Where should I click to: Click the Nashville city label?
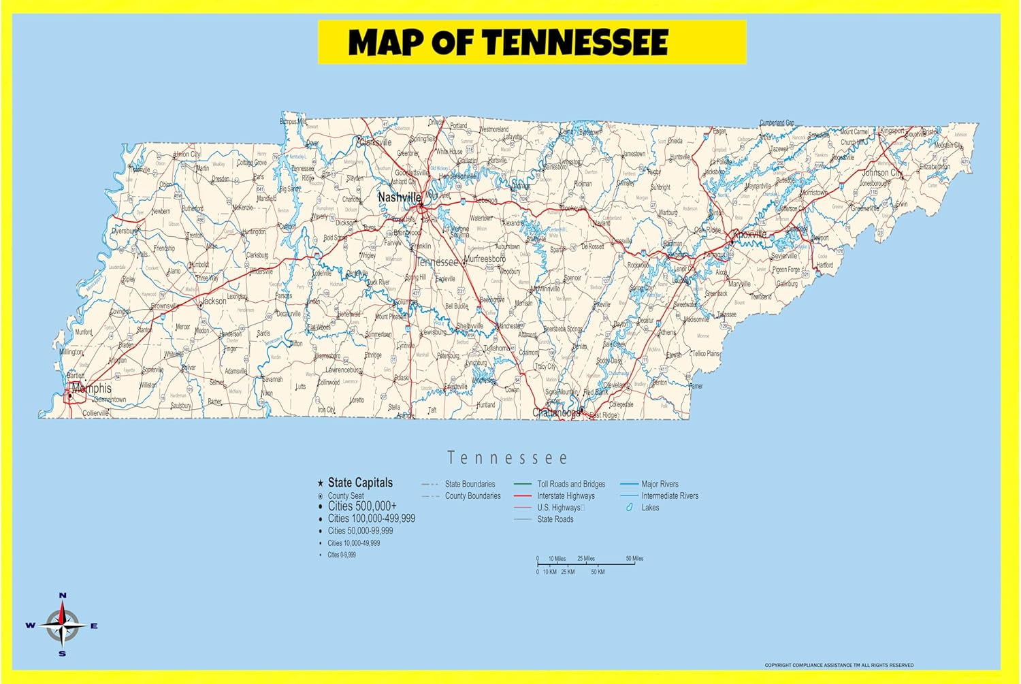pyautogui.click(x=399, y=197)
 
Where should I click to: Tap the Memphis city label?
pyautogui.click(x=91, y=389)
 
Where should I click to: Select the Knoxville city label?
pyautogui.click(x=750, y=234)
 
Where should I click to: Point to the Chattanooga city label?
pyautogui.click(x=556, y=412)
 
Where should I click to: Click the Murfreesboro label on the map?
pyautogui.click(x=485, y=259)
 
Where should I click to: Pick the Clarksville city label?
pyautogui.click(x=376, y=143)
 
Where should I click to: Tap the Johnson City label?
pyautogui.click(x=882, y=173)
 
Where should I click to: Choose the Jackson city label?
pyautogui.click(x=214, y=301)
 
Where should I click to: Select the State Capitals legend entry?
pyautogui.click(x=360, y=483)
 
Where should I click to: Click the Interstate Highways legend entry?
pyautogui.click(x=566, y=496)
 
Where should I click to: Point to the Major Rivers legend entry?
pyautogui.click(x=660, y=484)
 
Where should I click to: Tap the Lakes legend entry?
pyautogui.click(x=650, y=508)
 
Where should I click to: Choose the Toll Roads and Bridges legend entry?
pyautogui.click(x=571, y=484)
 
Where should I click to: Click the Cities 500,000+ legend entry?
pyautogui.click(x=362, y=506)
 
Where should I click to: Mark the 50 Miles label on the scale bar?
pyautogui.click(x=634, y=559)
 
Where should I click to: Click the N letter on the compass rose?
pyautogui.click(x=63, y=596)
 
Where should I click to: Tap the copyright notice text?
pyautogui.click(x=839, y=665)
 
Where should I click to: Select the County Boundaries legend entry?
pyautogui.click(x=472, y=496)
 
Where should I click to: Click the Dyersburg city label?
pyautogui.click(x=124, y=231)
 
